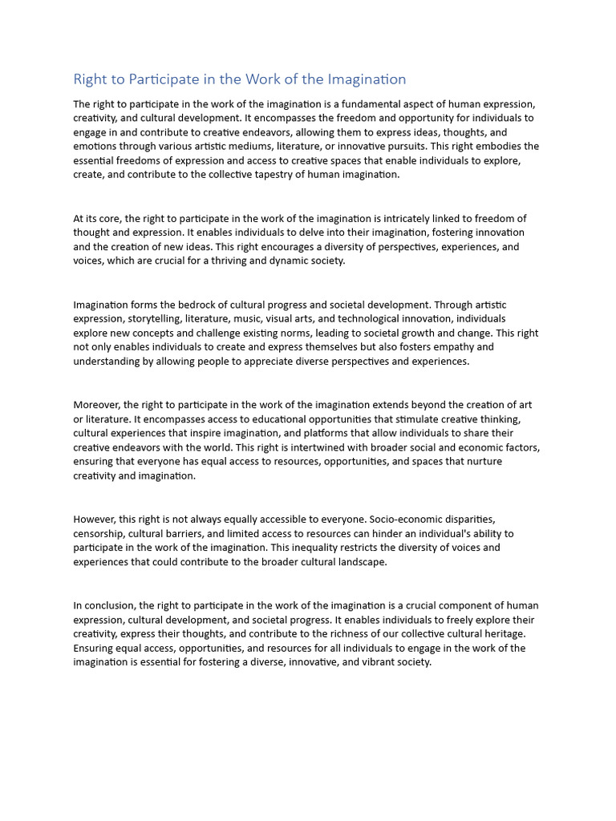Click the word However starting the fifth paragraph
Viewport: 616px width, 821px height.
(95, 519)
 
